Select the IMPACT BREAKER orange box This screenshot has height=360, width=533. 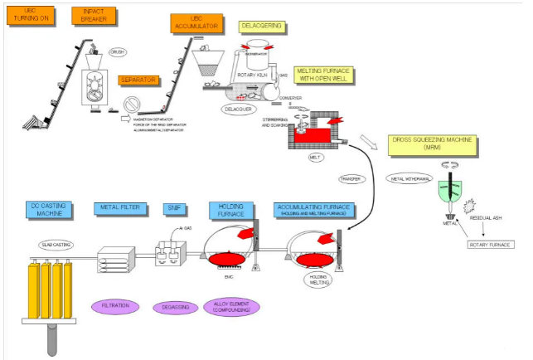coord(87,14)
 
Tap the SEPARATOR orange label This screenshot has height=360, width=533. coord(138,80)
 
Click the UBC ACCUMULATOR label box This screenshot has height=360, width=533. coord(196,23)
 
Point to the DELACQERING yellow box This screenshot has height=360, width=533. coord(262,27)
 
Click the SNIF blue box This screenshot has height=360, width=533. coord(172,207)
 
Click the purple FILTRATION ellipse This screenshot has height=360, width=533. coord(115,306)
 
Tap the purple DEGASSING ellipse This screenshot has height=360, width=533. coord(172,307)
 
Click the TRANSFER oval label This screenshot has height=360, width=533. coord(353,179)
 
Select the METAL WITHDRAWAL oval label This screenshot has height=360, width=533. coord(408,177)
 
